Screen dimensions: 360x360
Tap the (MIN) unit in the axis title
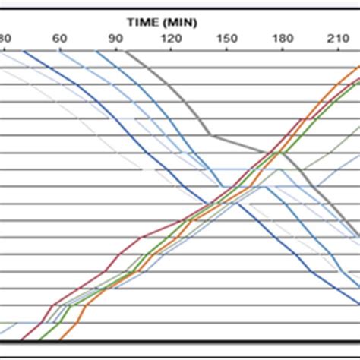pyautogui.click(x=182, y=22)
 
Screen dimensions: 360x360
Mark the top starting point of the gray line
pyautogui.click(x=125, y=52)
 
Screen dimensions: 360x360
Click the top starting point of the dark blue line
pyautogui.click(x=24, y=52)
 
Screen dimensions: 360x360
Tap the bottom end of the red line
pyautogui.click(x=22, y=339)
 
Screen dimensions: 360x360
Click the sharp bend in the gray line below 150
pyautogui.click(x=212, y=136)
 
